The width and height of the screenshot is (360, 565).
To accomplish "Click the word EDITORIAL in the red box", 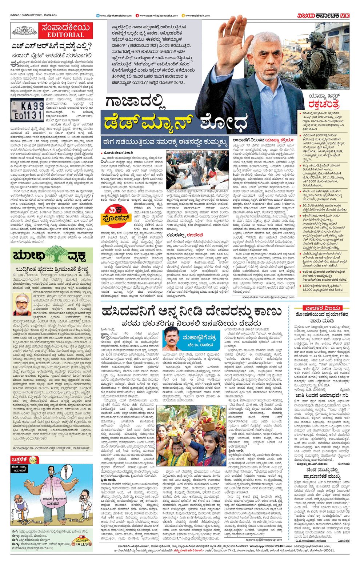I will (65, 35).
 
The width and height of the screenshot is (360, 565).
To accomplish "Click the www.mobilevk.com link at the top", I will (197, 16).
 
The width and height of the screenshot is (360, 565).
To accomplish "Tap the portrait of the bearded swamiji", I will (22, 304).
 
